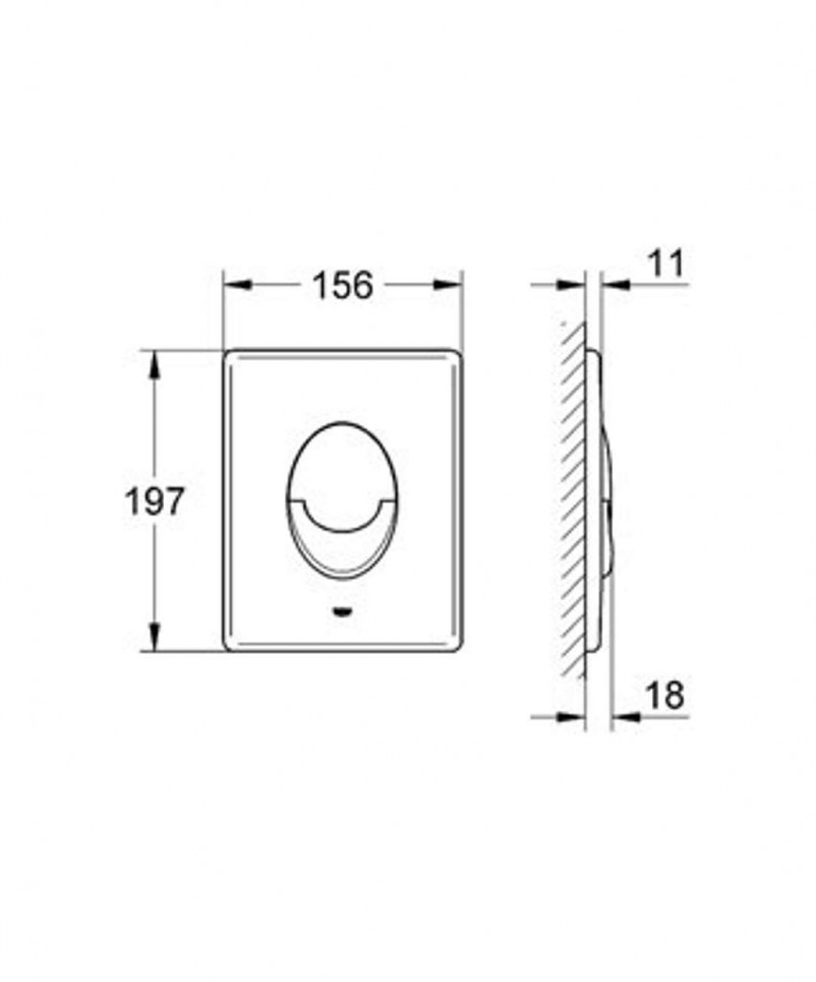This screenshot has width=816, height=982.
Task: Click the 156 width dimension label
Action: [x=342, y=285]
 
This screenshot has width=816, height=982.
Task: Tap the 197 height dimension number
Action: [x=155, y=501]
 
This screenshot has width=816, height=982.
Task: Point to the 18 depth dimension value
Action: [x=665, y=694]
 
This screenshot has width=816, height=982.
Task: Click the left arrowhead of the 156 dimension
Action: [x=238, y=285]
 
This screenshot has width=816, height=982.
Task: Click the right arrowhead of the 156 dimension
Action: [x=449, y=285]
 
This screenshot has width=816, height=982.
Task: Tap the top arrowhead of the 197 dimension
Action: [x=154, y=363]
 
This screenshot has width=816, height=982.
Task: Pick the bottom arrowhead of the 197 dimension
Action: [x=154, y=638]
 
